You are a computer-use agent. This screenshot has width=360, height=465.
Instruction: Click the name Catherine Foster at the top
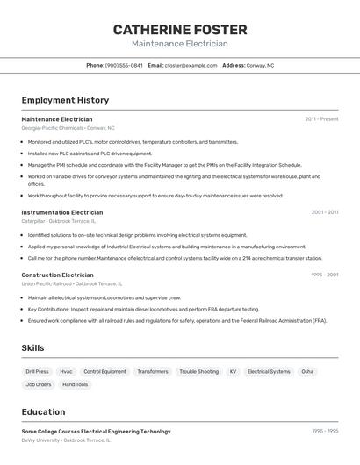(179, 30)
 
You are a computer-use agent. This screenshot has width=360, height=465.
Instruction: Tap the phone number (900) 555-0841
(124, 66)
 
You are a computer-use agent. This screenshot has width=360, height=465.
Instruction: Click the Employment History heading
(65, 100)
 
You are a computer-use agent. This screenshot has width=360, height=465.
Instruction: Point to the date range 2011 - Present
(321, 119)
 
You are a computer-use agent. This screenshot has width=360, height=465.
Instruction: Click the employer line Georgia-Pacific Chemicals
(68, 128)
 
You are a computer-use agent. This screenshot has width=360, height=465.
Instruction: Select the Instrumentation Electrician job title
(61, 212)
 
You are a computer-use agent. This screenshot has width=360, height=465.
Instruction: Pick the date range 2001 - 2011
(325, 212)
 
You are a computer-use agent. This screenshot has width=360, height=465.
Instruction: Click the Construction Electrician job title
(57, 275)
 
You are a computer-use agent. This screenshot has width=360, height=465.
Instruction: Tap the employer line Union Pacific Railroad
(71, 284)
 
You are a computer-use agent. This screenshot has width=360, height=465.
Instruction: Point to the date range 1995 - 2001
(325, 275)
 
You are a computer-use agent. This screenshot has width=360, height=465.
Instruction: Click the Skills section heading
(32, 348)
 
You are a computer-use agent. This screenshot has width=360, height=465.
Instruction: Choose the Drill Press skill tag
(38, 372)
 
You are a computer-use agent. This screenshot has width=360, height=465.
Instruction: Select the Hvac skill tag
(67, 372)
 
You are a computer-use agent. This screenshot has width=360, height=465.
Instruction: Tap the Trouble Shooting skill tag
(199, 372)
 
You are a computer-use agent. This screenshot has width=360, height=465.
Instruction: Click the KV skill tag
(233, 372)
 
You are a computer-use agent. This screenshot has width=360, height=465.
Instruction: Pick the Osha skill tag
(307, 372)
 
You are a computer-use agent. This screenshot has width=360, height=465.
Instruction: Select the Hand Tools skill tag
(76, 384)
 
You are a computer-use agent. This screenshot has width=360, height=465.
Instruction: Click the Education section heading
(43, 412)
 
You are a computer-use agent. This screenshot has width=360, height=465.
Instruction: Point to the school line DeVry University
(66, 440)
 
